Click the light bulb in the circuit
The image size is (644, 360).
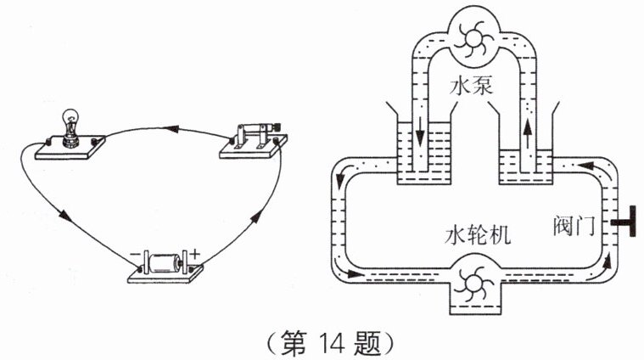point(71,127)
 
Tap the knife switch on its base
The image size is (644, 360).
point(254,141)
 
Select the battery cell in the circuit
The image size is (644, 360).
point(165,263)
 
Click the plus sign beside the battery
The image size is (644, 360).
point(194,255)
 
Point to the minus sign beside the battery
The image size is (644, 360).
point(135,255)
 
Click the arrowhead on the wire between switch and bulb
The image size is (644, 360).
point(172,129)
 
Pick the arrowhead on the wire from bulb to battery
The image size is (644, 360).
point(64,215)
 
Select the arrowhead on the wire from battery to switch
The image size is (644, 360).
point(255,217)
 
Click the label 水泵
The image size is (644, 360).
point(472,87)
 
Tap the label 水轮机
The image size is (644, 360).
point(478,236)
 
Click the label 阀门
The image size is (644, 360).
point(574,226)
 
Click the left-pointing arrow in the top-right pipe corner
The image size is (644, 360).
point(585,166)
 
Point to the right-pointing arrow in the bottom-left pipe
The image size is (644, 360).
point(354,273)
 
